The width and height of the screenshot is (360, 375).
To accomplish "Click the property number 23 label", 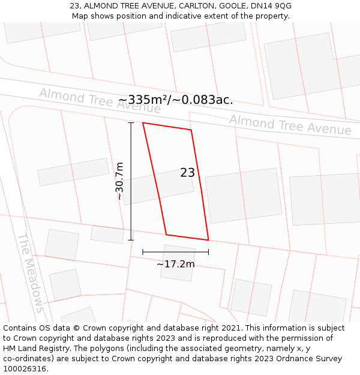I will pyautogui.click(x=187, y=173).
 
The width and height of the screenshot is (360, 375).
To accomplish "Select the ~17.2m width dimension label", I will pyautogui.click(x=175, y=264).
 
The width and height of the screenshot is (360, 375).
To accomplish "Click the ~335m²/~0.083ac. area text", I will pyautogui.click(x=175, y=100).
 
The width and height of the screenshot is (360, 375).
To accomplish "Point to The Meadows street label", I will pyautogui.click(x=31, y=272).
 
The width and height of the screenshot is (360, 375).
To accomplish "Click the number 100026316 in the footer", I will pyautogui.click(x=25, y=369).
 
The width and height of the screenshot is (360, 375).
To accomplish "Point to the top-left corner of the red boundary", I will pyautogui.click(x=143, y=123).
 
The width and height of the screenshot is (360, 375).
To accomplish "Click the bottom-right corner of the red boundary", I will pyautogui.click(x=208, y=240).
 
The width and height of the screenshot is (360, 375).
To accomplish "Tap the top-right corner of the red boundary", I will pyautogui.click(x=191, y=130).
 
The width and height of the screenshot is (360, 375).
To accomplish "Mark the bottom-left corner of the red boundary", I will pyautogui.click(x=166, y=234).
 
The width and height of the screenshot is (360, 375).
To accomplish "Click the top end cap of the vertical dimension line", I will pyautogui.click(x=131, y=123).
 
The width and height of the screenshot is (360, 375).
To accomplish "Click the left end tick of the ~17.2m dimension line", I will pyautogui.click(x=143, y=252).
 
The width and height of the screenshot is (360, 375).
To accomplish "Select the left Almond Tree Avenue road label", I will pyautogui.click(x=100, y=100).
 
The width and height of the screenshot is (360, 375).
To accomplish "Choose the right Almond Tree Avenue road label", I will pyautogui.click(x=290, y=124).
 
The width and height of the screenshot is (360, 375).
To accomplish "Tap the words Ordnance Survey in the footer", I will pyautogui.click(x=311, y=359).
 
